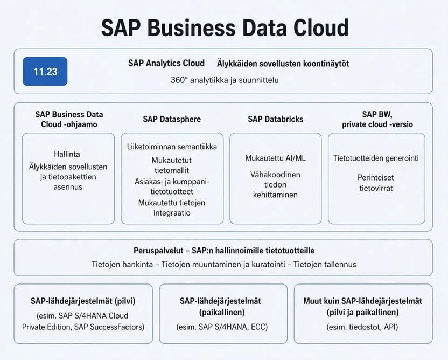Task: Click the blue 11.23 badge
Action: pos(45,71)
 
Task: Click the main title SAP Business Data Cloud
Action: pos(225,27)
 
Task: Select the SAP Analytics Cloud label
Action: pos(166,63)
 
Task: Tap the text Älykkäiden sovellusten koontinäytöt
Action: pos(283,63)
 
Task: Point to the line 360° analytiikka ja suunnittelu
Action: pos(225,80)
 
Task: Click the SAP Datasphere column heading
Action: pos(172,119)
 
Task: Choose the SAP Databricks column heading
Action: pos(276,119)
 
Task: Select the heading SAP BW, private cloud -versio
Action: pos(377,119)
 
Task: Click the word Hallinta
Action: pos(67,154)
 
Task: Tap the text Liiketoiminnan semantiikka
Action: pos(172,147)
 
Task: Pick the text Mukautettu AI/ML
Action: pos(276,158)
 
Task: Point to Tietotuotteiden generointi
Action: pos(376,158)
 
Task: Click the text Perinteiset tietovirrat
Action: pos(376,183)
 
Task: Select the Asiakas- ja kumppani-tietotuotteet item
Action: pos(172,186)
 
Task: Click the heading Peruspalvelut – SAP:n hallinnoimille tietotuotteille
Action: pos(224,251)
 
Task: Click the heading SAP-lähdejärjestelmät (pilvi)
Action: pos(83,301)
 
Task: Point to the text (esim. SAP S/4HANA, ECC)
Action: pos(222,327)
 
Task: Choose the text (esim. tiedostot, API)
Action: pos(362,327)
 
